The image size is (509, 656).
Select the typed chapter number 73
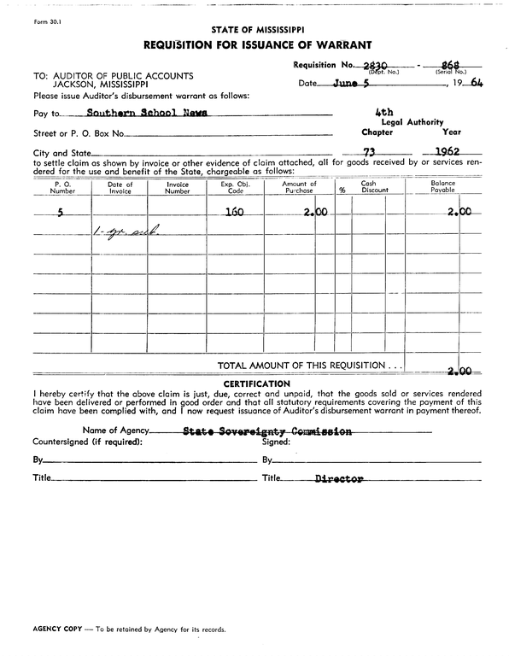click(x=369, y=151)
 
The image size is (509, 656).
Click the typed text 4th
click(x=383, y=112)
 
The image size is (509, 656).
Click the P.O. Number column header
click(x=62, y=187)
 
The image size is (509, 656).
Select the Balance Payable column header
click(x=442, y=187)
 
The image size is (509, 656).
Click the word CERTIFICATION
click(x=256, y=383)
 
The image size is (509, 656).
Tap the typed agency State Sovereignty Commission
click(x=267, y=432)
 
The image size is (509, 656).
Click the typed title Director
click(x=339, y=479)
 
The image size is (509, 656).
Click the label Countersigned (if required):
click(x=88, y=442)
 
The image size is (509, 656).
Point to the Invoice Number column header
click(x=177, y=187)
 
